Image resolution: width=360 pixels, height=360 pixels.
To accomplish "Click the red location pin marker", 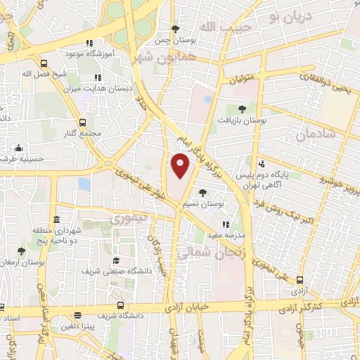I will click(181, 165).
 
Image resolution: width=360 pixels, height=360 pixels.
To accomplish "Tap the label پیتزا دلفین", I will click(73, 327).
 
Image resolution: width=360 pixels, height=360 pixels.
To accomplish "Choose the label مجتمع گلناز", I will click(86, 134).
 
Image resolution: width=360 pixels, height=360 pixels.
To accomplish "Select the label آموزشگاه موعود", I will click(86, 54).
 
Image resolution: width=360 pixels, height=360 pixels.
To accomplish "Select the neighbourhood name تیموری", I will click(131, 218).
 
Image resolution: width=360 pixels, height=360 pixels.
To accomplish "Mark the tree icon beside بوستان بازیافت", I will click(242, 109).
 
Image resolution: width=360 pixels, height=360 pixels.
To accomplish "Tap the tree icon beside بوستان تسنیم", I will click(202, 192).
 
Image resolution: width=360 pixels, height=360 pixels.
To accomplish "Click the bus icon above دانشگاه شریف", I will click(120, 306).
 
